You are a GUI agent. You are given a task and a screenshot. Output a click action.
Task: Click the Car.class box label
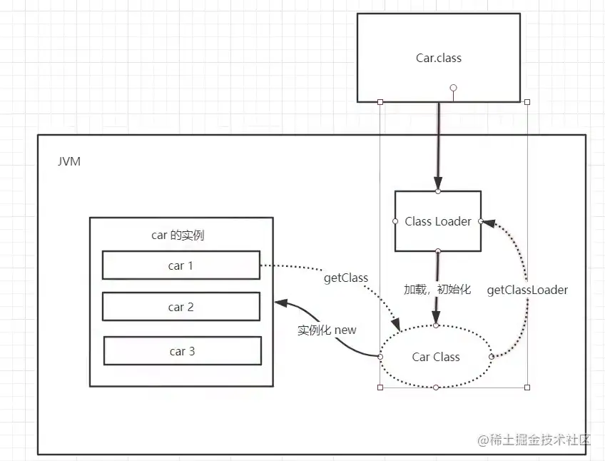[438, 58]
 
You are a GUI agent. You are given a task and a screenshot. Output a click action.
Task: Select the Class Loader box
[437, 221]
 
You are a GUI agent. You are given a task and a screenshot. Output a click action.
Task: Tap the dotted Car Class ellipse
[436, 357]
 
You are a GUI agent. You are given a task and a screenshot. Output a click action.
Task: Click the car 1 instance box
[181, 265]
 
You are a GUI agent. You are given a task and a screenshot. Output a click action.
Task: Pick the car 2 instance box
[181, 307]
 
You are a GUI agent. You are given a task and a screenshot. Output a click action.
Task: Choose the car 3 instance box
[182, 351]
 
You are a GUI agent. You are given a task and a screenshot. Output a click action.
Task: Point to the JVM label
[69, 161]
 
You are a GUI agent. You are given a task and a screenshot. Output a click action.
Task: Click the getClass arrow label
[346, 278]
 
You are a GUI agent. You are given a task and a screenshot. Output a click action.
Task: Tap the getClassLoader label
[527, 290]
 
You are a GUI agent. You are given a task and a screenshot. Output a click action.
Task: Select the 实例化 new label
[327, 330]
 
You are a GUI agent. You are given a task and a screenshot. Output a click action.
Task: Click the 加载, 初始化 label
[437, 290]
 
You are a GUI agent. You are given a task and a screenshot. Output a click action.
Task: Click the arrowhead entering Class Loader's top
[438, 183]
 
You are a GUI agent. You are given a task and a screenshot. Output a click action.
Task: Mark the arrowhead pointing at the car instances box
[280, 303]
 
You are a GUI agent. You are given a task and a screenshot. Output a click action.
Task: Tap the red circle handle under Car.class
[452, 88]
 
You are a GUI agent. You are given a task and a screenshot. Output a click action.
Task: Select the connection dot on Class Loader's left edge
[395, 221]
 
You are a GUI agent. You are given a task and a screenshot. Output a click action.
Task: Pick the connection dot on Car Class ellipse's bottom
[436, 387]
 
